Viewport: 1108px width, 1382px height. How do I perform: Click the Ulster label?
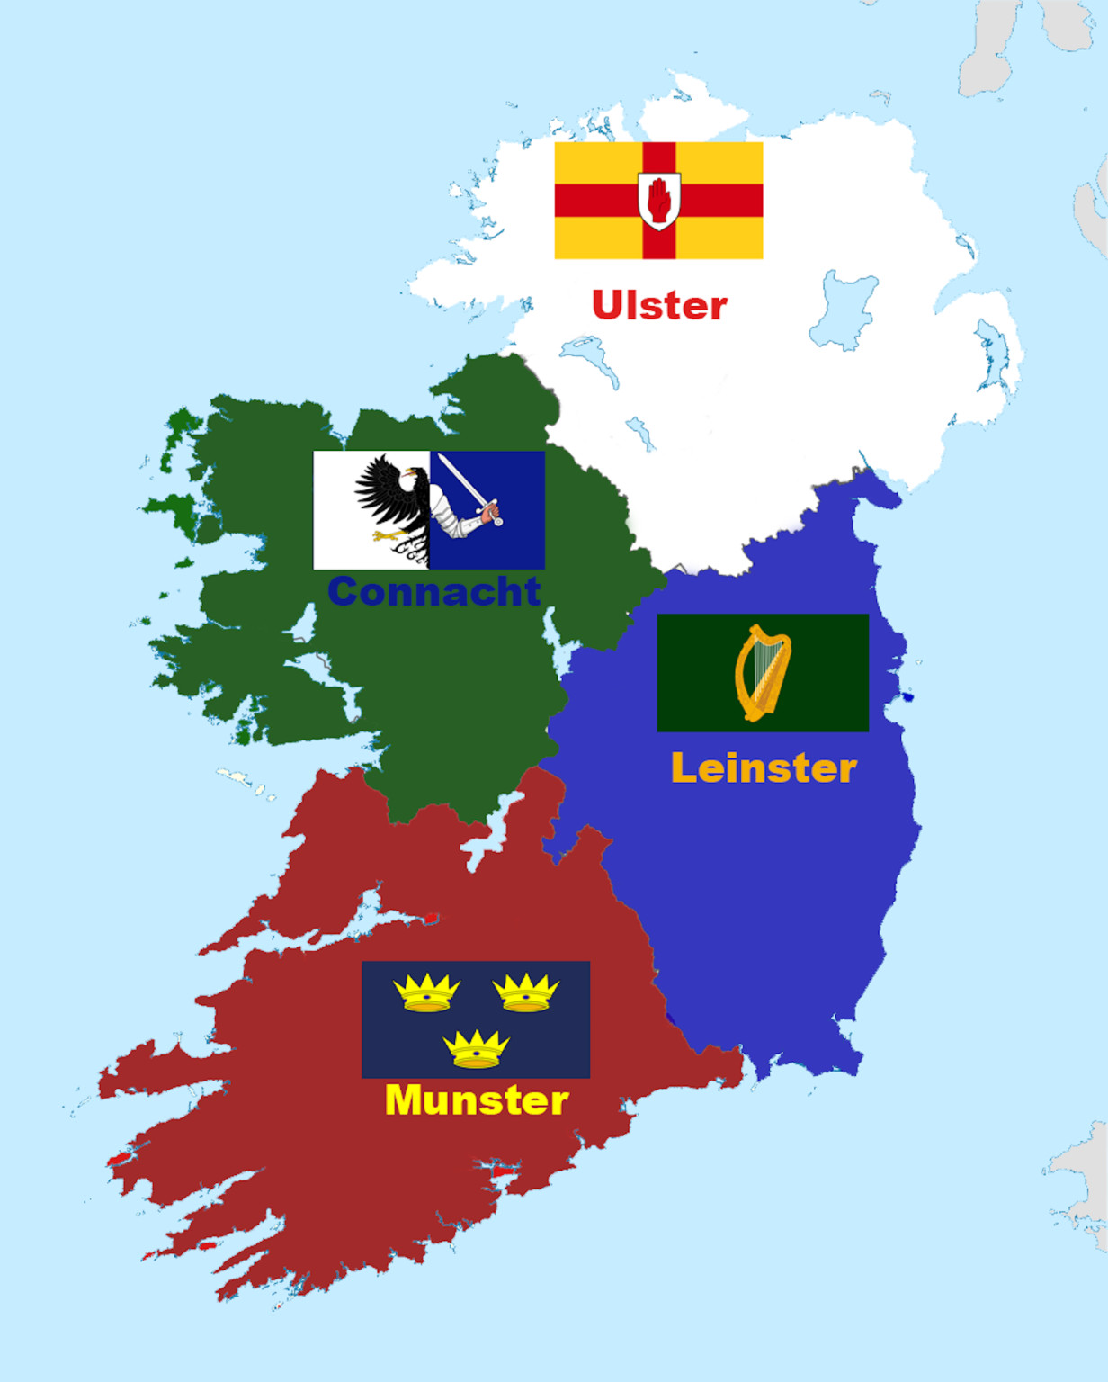659,306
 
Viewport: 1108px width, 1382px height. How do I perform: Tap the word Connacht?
433,591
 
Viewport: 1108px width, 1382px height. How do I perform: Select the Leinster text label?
764,768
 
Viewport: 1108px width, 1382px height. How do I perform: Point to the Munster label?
477,1100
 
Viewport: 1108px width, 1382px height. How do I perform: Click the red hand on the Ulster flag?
659,199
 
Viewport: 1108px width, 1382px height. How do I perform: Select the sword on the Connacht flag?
466,485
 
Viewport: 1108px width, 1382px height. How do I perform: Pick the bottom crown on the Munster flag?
477,1049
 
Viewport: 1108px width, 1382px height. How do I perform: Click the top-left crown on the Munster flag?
426,992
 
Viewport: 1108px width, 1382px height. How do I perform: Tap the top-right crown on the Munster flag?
526,992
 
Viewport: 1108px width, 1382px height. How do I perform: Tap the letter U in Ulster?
608,306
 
